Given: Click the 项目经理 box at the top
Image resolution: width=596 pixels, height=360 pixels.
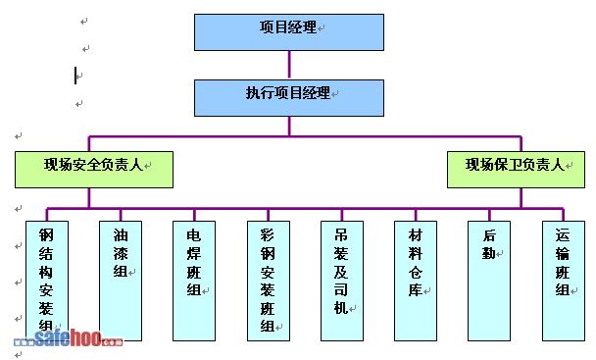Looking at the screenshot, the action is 289,32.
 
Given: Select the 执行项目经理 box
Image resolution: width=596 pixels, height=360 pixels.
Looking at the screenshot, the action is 289,98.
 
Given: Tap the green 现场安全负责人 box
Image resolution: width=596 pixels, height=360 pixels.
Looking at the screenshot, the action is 94,170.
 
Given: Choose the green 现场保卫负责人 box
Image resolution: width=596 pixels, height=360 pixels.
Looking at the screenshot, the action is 516,170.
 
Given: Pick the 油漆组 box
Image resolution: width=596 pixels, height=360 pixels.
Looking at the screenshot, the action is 121,281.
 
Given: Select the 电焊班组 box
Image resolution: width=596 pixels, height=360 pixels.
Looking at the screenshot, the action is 194,281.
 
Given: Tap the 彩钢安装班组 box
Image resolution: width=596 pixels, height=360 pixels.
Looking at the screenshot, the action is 269,281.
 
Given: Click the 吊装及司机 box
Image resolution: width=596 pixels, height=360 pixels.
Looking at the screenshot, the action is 342,281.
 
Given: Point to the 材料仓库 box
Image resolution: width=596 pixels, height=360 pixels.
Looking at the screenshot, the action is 416,281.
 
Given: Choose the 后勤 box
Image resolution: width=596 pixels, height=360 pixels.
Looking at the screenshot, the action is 489,281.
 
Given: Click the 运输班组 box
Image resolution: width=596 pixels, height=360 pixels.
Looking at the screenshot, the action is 564,281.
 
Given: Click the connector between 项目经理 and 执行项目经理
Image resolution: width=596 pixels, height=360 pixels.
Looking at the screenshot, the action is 289,65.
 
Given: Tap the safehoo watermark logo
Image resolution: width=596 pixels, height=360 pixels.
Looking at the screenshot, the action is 69,337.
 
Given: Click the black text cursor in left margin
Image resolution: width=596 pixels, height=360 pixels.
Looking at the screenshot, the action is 75,76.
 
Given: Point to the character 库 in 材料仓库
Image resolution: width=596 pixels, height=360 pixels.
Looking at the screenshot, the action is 416,290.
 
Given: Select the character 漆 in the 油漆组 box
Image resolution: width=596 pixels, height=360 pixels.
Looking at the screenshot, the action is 121,253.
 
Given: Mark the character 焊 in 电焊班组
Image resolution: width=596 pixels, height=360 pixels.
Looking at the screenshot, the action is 194,253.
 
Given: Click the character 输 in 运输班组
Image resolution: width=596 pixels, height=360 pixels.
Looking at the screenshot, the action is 563,253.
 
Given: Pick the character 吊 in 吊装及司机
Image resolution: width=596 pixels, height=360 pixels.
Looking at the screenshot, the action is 341,235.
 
